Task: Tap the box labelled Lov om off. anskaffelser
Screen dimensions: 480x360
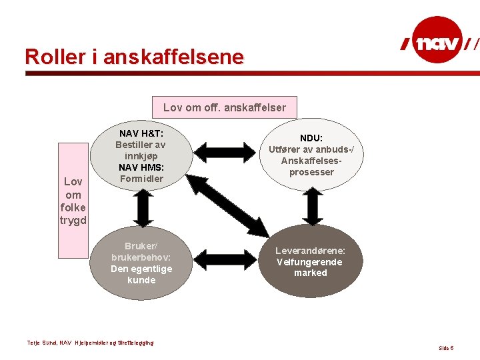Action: [225, 107]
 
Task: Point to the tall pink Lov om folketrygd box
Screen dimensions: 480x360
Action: [73, 200]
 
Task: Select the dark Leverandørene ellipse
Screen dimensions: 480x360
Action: [310, 261]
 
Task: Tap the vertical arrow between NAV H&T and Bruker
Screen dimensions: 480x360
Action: [142, 211]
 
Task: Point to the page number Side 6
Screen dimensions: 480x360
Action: [446, 348]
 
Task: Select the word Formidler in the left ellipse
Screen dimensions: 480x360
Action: [141, 178]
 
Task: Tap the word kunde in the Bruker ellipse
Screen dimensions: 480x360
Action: [141, 280]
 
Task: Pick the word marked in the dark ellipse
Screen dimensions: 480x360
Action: [311, 273]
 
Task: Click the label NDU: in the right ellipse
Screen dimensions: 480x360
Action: [311, 138]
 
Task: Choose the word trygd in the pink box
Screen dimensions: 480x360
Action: [73, 220]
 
